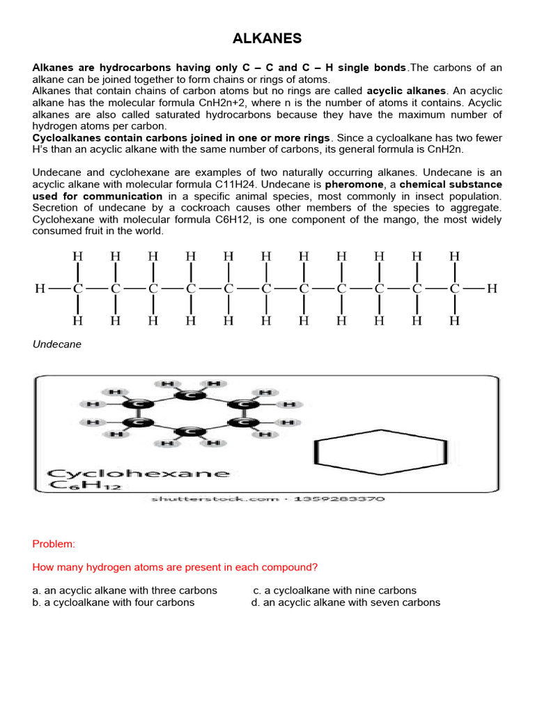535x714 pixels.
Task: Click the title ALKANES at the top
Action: pyautogui.click(x=267, y=39)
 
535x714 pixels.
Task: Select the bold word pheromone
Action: pyautogui.click(x=357, y=184)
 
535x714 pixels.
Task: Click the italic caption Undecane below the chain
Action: pyautogui.click(x=57, y=344)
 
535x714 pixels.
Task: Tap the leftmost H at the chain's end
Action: pyautogui.click(x=40, y=288)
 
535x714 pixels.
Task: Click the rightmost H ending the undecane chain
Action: pyautogui.click(x=492, y=288)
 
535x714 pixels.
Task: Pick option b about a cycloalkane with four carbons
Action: pyautogui.click(x=114, y=602)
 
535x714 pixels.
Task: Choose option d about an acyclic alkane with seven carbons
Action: pyautogui.click(x=346, y=602)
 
